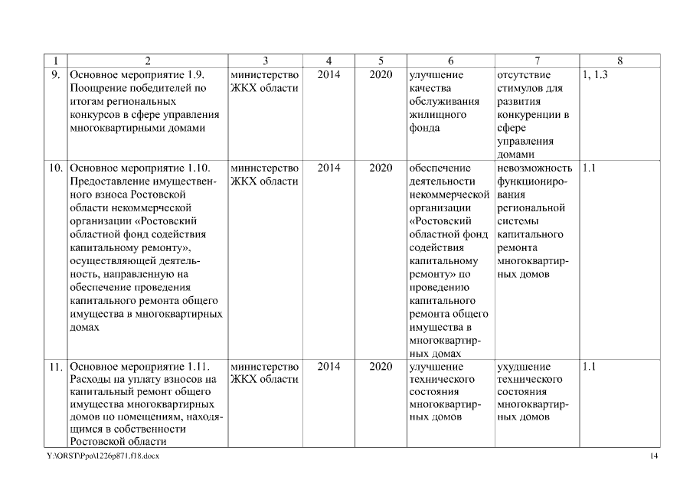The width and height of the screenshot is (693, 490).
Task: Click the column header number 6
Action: pos(450,60)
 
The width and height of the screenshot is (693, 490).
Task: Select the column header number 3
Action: pos(265,60)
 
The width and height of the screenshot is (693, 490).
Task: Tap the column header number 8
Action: pos(619,60)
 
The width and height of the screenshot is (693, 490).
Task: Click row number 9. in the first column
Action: pos(56,75)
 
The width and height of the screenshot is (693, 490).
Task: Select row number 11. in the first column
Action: pos(56,367)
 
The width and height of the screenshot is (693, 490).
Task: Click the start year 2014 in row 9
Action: pos(329,75)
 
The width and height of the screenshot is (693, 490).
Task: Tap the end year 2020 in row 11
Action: pos(381,367)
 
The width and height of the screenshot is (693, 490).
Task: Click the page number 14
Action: pos(653,456)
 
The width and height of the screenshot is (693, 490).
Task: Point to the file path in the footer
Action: pos(103,456)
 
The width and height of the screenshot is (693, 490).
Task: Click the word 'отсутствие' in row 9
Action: pos(524,75)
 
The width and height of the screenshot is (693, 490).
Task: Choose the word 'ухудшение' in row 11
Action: pos(523,367)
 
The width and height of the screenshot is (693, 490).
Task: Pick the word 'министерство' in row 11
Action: pos(264,367)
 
